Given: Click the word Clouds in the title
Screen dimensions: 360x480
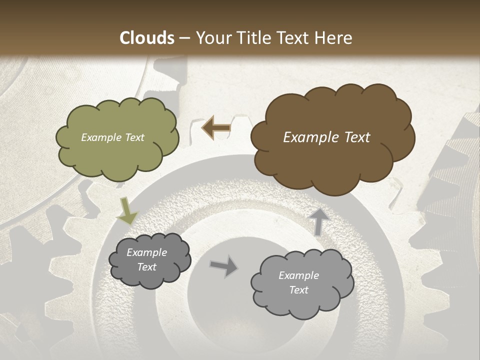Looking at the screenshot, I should point(146,38).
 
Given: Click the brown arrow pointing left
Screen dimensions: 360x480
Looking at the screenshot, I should point(215,128).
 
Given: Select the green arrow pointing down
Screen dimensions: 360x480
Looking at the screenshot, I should point(126,211).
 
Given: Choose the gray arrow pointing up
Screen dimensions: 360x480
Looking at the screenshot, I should point(318,220).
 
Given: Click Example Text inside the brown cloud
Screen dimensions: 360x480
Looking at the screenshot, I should point(326,137).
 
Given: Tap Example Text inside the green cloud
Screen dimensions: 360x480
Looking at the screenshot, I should point(112,137).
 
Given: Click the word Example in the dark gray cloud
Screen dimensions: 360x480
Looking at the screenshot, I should point(146,252).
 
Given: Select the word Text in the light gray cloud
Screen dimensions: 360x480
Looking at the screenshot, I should point(298,290).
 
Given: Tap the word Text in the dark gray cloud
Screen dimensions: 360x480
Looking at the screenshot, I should point(146,267).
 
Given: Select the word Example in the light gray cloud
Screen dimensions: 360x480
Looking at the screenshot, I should point(298,275).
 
